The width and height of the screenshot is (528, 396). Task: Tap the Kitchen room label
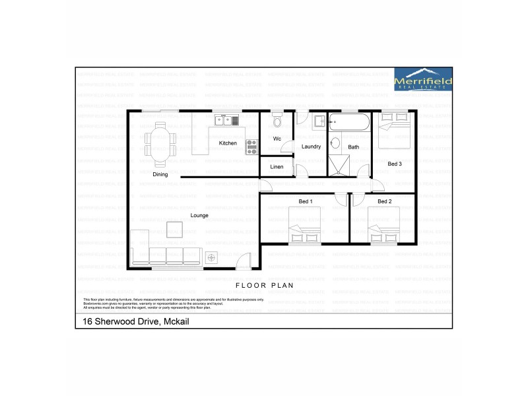pyautogui.click(x=228, y=143)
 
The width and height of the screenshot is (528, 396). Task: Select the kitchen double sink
pyautogui.click(x=229, y=119)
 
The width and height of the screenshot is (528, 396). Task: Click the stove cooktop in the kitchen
pyautogui.click(x=251, y=147)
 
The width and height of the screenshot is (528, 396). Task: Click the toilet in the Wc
pyautogui.click(x=277, y=120)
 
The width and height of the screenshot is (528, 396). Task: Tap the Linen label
pyautogui.click(x=277, y=167)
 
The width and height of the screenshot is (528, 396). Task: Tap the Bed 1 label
pyautogui.click(x=306, y=201)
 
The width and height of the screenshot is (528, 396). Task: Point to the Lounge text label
pyautogui.click(x=200, y=215)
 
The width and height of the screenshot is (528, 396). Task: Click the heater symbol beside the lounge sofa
pyautogui.click(x=212, y=257)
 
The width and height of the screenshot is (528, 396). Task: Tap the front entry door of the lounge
pyautogui.click(x=244, y=262)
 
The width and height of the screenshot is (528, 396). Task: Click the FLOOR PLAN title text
pyautogui.click(x=264, y=286)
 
